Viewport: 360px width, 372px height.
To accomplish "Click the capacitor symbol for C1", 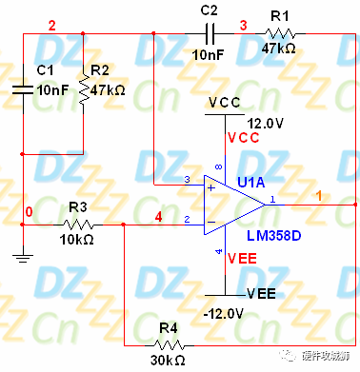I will [23, 90].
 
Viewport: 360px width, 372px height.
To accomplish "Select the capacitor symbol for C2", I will [210, 33].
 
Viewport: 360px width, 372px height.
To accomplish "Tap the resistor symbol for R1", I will [277, 33].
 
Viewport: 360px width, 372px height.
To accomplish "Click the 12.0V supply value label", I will [267, 123].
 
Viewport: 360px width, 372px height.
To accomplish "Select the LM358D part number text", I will [273, 234].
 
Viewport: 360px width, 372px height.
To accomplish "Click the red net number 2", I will [51, 23].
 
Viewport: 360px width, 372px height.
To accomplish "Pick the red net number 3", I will [243, 23].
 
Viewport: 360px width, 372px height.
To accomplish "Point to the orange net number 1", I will [319, 194].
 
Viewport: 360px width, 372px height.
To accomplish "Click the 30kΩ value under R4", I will [168, 362].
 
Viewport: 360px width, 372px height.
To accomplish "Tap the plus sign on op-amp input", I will [210, 186].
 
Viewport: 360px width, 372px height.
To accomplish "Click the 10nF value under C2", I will [210, 55].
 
